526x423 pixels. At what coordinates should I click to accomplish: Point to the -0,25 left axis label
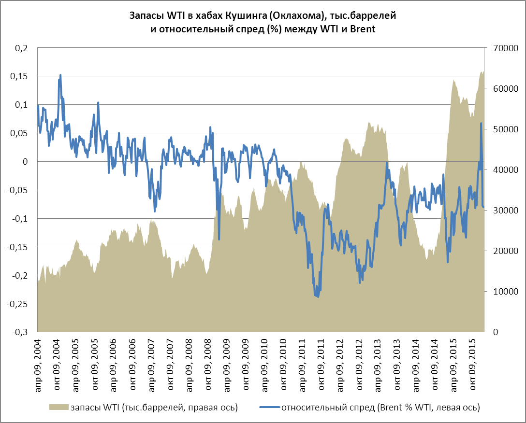(x=20, y=304)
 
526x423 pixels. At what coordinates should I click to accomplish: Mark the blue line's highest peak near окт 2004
(x=60, y=75)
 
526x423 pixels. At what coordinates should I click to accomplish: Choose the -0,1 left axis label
(x=22, y=219)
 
